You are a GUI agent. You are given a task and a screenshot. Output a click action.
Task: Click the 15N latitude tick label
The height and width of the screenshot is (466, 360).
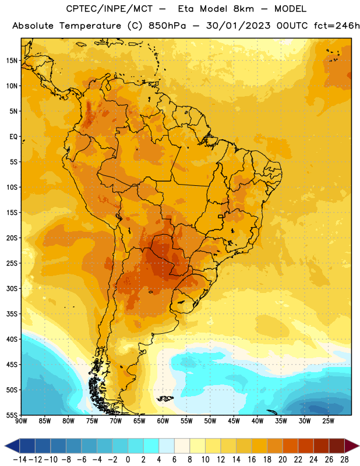[12, 61]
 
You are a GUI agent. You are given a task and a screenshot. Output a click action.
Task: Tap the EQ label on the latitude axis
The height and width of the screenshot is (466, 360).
[13, 137]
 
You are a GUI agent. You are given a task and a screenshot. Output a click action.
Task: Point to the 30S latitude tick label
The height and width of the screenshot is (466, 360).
[12, 288]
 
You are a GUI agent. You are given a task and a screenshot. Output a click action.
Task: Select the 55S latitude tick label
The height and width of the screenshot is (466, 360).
[12, 415]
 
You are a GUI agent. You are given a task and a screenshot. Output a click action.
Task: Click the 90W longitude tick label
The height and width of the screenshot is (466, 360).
[21, 421]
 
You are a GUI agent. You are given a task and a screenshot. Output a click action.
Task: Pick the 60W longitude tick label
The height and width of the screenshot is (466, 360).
[163, 421]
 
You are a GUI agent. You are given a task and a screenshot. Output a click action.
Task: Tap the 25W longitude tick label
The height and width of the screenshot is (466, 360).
[328, 421]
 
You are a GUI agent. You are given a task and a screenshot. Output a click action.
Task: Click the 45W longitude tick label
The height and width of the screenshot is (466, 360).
[234, 421]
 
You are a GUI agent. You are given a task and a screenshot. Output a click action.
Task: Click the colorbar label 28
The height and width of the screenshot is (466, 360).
[344, 460]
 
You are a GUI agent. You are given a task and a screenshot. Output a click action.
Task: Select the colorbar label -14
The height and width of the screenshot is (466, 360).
[20, 460]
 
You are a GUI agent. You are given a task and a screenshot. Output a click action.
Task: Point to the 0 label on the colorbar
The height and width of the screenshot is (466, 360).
[128, 460]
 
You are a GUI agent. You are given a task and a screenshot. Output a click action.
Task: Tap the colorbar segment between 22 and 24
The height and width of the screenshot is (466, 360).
[306, 446]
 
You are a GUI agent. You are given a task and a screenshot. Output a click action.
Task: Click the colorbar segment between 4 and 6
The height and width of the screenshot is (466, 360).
[167, 446]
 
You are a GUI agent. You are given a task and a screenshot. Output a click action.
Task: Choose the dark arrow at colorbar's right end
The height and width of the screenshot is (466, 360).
[352, 446]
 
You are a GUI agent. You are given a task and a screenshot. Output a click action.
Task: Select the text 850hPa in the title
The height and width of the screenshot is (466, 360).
[167, 26]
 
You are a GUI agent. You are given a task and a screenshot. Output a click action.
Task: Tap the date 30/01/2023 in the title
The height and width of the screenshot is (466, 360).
[238, 26]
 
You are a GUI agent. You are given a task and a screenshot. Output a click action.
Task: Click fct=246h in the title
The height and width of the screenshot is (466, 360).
[337, 26]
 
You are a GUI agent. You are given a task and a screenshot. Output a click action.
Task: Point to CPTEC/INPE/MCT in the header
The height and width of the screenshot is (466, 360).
[110, 9]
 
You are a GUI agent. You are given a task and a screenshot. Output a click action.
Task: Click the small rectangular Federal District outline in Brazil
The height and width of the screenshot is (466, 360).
[221, 216]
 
